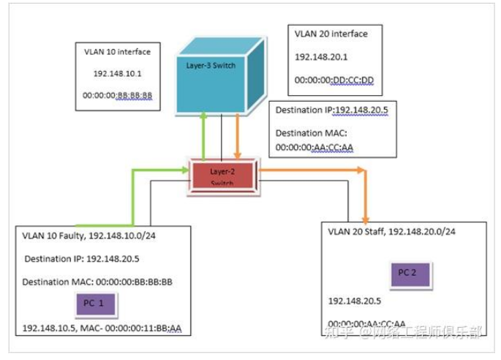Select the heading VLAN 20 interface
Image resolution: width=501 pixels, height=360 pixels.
(x=331, y=34)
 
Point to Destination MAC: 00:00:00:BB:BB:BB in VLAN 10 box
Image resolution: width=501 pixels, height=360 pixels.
(x=97, y=282)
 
